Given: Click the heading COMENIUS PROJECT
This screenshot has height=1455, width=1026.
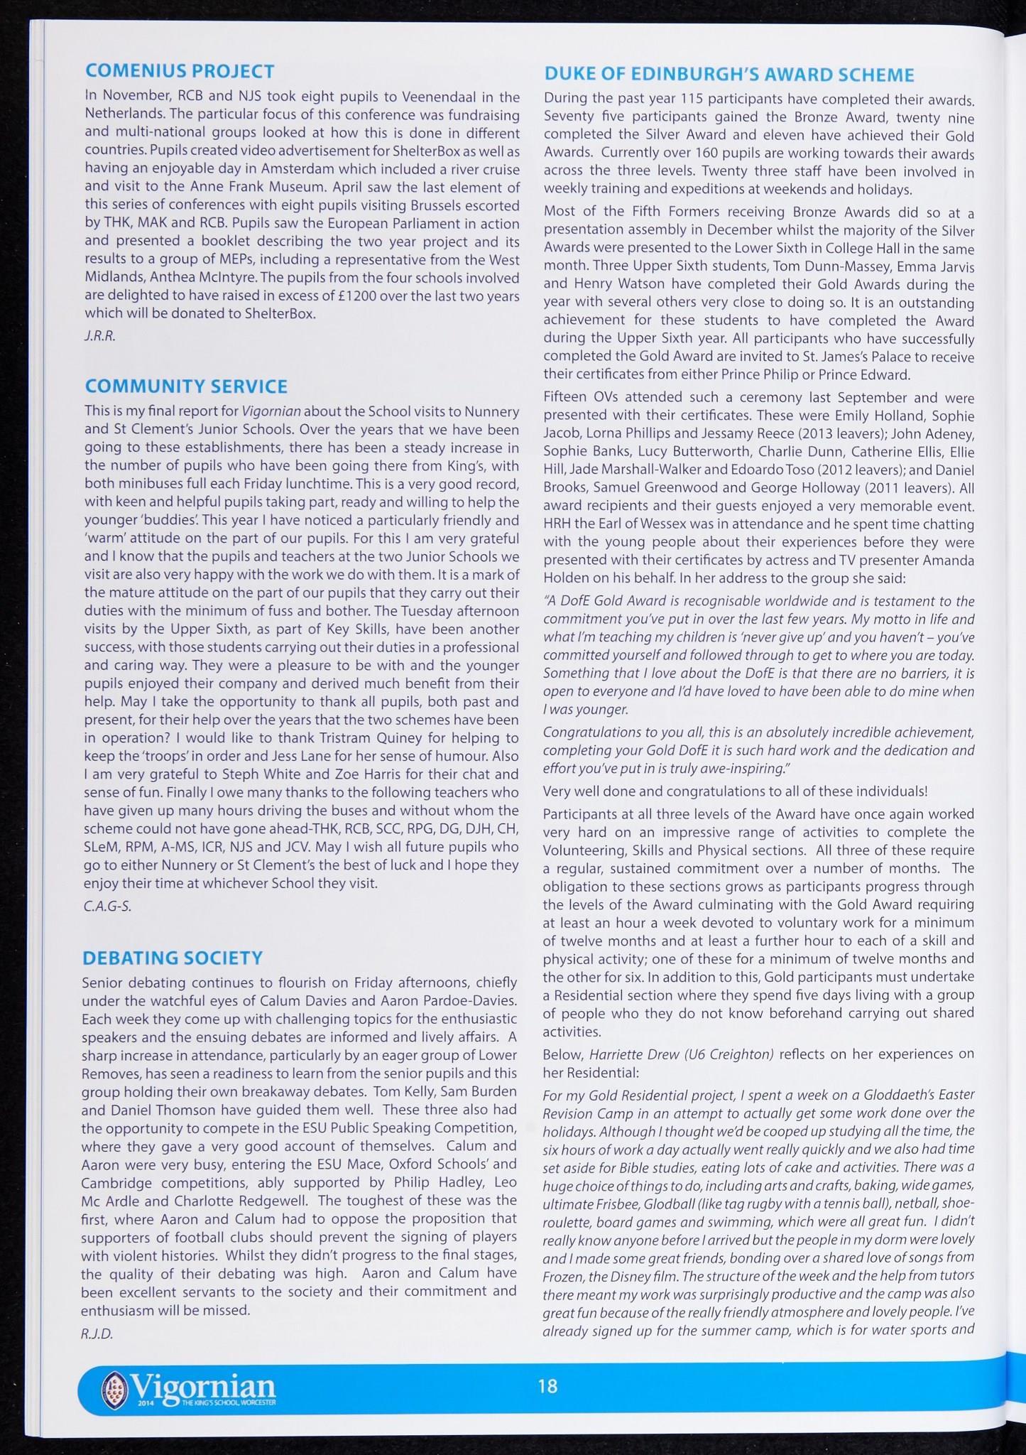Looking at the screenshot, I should click(180, 71).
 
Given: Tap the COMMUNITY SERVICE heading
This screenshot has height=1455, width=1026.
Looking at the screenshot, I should click(186, 386).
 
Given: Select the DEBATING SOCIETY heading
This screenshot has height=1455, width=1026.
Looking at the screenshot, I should click(173, 958).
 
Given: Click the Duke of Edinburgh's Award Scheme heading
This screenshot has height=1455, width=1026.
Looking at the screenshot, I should click(729, 75).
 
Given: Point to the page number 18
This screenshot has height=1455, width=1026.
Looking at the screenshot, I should click(547, 1385).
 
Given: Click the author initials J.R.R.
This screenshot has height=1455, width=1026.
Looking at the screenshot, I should click(99, 336).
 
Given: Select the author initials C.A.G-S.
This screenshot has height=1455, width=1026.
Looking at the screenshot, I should click(107, 907).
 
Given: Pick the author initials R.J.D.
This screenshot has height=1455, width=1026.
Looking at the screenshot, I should click(97, 1334).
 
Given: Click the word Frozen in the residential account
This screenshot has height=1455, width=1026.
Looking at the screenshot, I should click(563, 1275).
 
